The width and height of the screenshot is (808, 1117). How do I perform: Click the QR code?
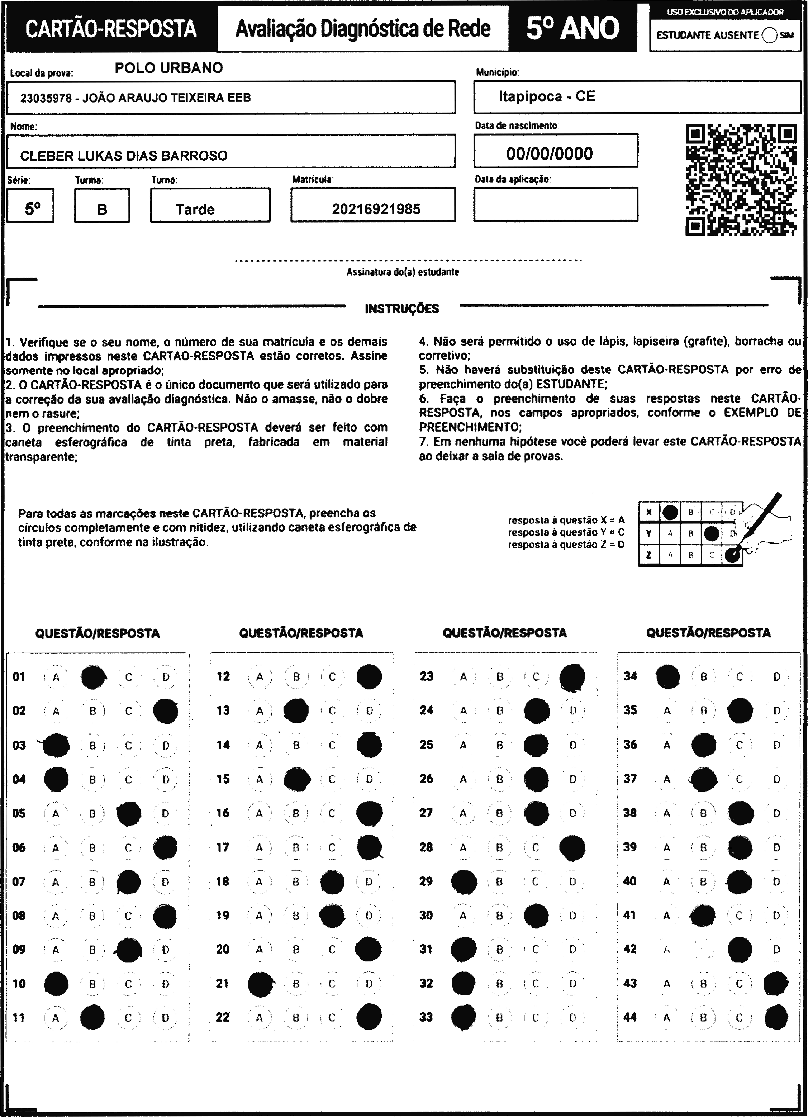coord(741,180)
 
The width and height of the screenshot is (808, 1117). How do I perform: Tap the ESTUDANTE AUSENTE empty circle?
coord(769,35)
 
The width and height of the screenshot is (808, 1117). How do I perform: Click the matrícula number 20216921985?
coord(376,209)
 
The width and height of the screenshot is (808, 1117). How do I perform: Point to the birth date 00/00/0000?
coord(550,154)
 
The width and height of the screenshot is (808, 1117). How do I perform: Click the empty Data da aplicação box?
coord(555,204)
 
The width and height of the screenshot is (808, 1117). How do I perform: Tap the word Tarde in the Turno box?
coord(195,210)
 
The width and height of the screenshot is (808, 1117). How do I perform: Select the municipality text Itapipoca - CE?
coord(547,96)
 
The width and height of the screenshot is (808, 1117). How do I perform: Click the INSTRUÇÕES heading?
coord(402,309)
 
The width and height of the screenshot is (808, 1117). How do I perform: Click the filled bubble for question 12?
coord(369,677)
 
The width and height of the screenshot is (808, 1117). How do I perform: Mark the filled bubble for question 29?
coord(464,881)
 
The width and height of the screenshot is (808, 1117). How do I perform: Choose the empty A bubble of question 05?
coord(56,814)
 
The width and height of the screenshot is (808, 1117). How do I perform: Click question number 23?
coord(426,676)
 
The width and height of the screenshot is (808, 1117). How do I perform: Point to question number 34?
coord(630,676)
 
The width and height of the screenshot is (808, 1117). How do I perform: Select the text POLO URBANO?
coord(169,68)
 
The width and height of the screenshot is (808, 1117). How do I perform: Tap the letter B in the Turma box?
coord(102,210)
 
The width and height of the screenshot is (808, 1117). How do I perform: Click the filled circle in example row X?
coord(670,513)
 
